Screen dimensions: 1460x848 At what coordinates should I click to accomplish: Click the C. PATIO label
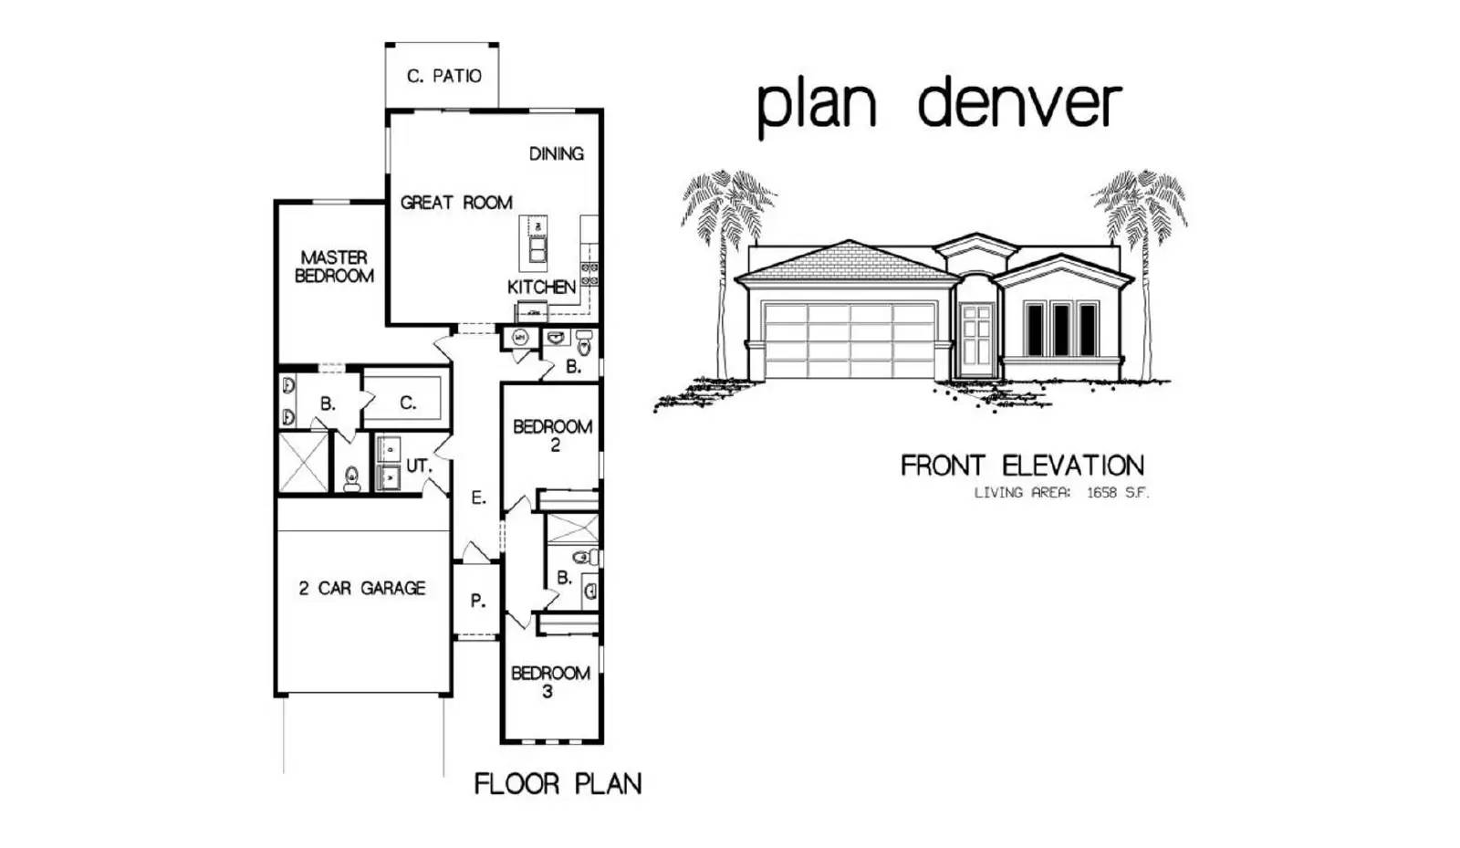[443, 77]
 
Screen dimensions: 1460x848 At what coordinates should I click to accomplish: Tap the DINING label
[556, 154]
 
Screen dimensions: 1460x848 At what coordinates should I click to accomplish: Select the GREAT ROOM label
[456, 203]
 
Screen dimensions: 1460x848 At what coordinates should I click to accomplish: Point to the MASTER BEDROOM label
[334, 267]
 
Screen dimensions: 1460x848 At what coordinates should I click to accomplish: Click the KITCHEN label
[542, 287]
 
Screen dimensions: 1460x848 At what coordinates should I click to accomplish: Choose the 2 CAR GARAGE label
[361, 589]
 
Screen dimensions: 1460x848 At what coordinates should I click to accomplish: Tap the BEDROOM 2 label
[553, 436]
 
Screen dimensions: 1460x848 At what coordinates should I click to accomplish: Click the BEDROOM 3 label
[550, 682]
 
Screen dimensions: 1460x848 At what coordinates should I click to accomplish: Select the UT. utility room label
[419, 466]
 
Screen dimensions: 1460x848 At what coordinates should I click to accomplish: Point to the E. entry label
[478, 498]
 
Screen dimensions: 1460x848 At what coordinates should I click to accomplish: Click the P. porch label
[478, 601]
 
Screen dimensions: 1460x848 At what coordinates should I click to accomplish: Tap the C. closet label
[408, 403]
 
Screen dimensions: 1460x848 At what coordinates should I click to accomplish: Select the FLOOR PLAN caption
[558, 783]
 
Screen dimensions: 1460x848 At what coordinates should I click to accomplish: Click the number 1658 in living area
[1101, 493]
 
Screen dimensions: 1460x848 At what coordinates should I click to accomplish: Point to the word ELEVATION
[1073, 466]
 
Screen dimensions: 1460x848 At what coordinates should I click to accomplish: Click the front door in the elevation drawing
[976, 342]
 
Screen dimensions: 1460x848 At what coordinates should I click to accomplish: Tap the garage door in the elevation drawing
[850, 340]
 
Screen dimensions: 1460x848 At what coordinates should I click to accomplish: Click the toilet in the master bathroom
[352, 479]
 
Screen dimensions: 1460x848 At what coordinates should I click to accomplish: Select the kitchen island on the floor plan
[533, 243]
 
